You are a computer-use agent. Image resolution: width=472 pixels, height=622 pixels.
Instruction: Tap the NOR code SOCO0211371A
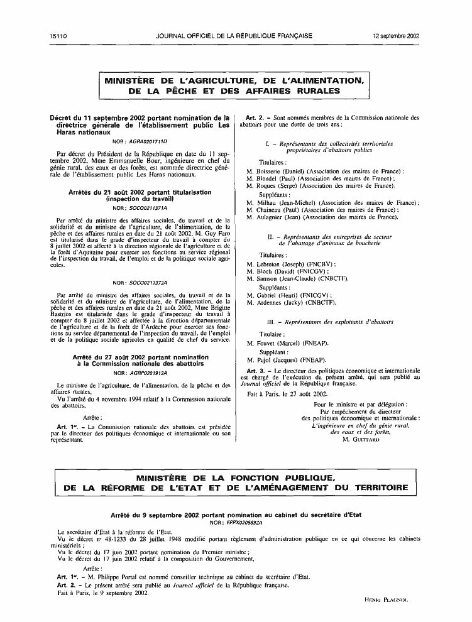point(148,207)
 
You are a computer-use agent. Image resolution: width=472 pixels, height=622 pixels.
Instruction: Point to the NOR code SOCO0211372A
point(148,283)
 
